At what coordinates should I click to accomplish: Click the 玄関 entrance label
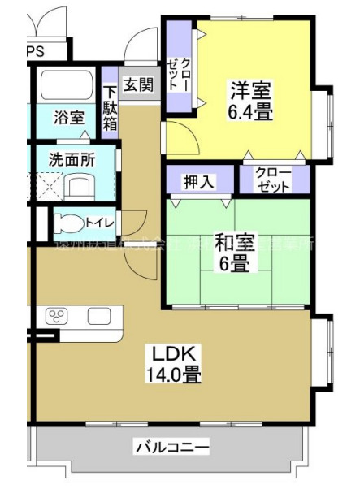pos(138,84)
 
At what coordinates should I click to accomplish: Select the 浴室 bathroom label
pos(69,117)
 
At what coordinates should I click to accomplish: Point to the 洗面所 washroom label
pos(71,159)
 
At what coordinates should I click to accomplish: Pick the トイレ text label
pos(98,222)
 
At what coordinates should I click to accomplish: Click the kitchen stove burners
pos(58,316)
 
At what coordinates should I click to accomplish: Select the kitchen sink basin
pos(99,317)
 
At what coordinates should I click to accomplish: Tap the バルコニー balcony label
pos(171,446)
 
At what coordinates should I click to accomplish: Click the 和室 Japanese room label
pos(236,240)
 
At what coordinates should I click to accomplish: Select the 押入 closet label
pos(198,180)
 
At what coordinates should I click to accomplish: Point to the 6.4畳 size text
pos(249,113)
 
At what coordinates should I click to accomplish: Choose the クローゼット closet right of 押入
pos(273,180)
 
